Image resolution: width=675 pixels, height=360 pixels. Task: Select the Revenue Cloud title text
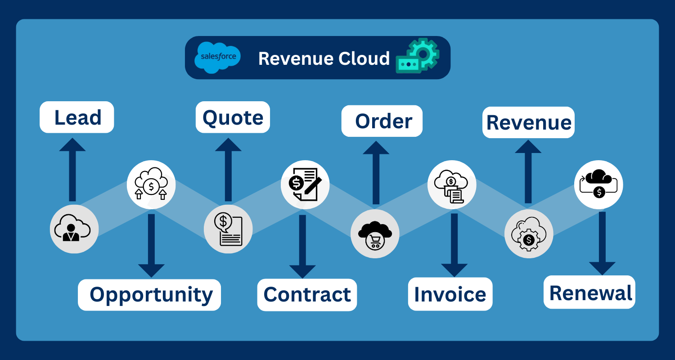324,58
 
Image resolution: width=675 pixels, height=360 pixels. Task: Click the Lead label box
77,117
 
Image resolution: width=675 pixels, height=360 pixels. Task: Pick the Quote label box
233,117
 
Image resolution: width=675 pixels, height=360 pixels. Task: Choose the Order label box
382,121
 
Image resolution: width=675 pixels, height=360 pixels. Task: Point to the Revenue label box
528,122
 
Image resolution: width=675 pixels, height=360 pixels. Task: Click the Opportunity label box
149,295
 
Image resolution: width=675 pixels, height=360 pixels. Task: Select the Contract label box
307,295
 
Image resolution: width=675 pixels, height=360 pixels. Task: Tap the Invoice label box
450,294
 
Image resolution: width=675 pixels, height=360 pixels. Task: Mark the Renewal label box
589,292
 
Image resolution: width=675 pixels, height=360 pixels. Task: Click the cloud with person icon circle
74,229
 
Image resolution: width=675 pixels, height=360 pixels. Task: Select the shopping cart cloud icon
375,234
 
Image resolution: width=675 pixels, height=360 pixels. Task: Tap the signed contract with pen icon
305,184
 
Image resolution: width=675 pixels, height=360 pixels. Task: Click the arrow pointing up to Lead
72,169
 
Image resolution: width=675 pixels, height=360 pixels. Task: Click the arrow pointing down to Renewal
602,243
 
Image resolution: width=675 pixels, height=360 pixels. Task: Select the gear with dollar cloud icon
529,234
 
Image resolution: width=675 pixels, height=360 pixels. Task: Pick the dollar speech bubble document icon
228,229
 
